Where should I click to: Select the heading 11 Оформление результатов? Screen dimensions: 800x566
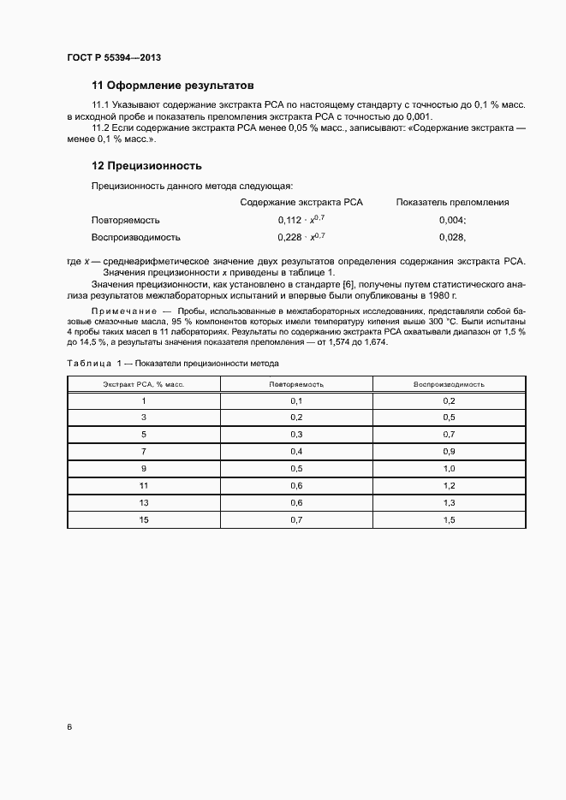point(173,86)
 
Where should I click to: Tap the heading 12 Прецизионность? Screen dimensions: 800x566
point(146,165)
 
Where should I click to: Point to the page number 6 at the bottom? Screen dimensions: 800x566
point(69,727)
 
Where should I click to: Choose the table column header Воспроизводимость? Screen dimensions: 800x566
point(449,384)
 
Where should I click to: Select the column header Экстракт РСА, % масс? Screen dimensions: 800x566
point(144,384)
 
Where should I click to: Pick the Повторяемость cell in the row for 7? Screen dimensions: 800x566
point(296,451)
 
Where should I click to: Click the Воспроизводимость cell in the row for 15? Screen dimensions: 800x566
point(449,519)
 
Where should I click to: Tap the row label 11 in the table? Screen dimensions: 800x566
point(144,485)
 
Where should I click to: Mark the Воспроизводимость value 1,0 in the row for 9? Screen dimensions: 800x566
point(449,468)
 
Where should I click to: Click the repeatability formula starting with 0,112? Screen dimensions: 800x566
point(301,220)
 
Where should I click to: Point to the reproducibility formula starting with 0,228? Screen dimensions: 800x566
point(301,237)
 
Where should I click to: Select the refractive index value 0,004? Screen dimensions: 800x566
point(451,220)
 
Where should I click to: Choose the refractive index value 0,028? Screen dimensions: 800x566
point(451,237)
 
